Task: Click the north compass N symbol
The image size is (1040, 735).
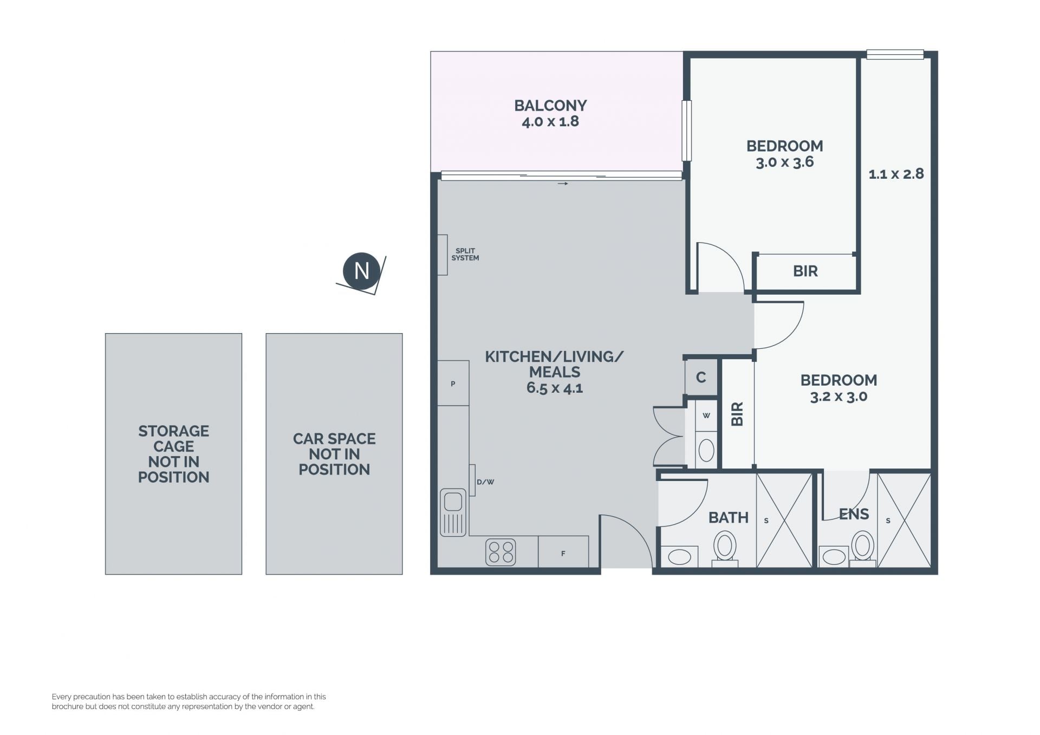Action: pyautogui.click(x=361, y=271)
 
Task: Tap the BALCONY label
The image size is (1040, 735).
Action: pyautogui.click(x=550, y=105)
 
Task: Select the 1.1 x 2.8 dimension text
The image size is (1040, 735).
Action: pyautogui.click(x=896, y=174)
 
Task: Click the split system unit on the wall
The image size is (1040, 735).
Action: pyautogui.click(x=443, y=255)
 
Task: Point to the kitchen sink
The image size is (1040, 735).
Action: pyautogui.click(x=453, y=512)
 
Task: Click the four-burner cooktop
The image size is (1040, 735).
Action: pyautogui.click(x=500, y=552)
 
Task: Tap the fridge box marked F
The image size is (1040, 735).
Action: pyautogui.click(x=563, y=551)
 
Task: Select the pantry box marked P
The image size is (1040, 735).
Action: pyautogui.click(x=453, y=383)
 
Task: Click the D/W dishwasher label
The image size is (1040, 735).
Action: pyautogui.click(x=485, y=482)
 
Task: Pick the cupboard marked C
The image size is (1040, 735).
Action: pyautogui.click(x=701, y=377)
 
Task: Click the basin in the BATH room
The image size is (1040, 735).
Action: pyautogui.click(x=680, y=556)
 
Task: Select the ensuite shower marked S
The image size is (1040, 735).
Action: pyautogui.click(x=904, y=521)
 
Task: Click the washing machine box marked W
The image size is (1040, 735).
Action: pyautogui.click(x=706, y=415)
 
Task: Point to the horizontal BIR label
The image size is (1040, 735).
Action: pyautogui.click(x=805, y=271)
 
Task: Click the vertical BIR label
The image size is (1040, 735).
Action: pyautogui.click(x=737, y=414)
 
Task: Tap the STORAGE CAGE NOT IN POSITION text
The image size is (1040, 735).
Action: pyautogui.click(x=173, y=454)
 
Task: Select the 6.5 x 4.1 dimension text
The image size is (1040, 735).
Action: pyautogui.click(x=555, y=388)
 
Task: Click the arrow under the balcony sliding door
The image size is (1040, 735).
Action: pyautogui.click(x=563, y=184)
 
